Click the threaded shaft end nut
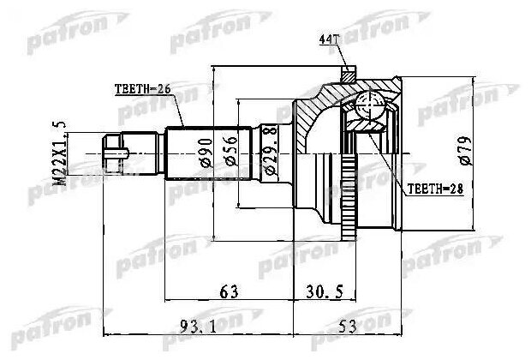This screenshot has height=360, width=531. [x=114, y=155]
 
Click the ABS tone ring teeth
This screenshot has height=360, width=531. [x=349, y=196]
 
